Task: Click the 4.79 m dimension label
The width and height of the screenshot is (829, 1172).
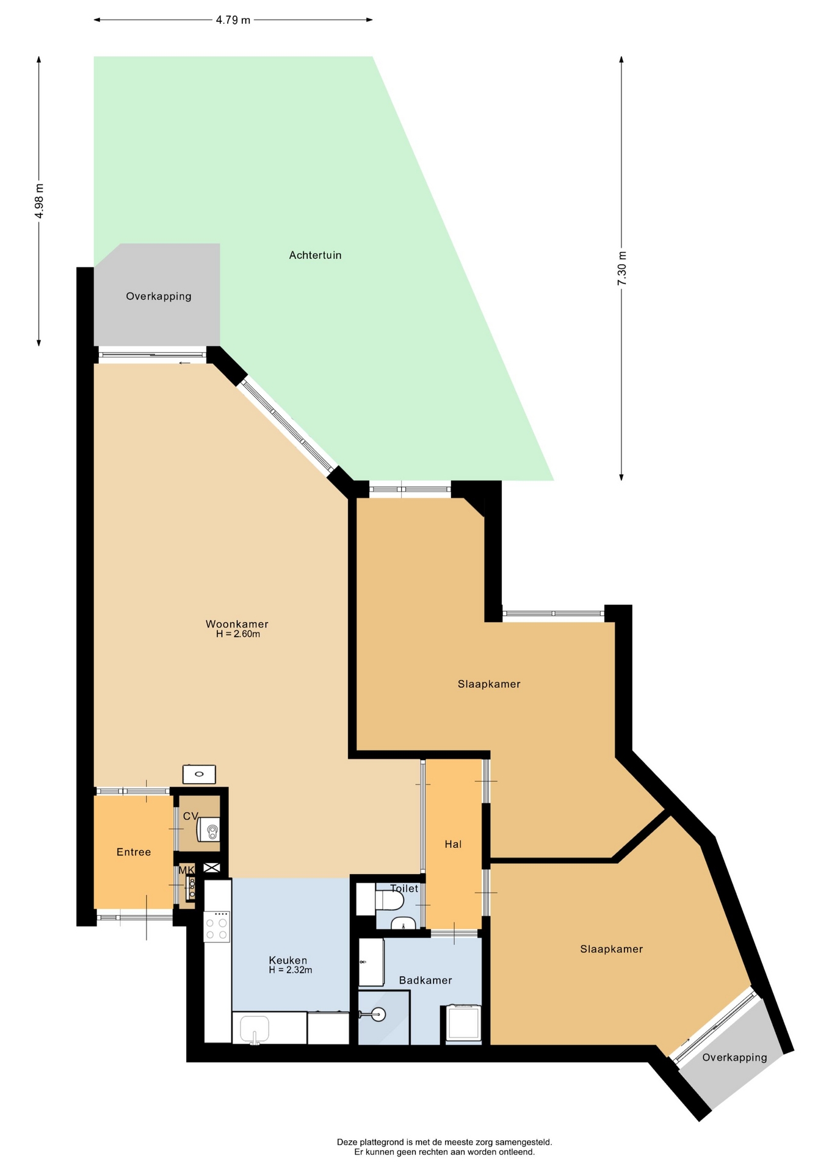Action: [233, 20]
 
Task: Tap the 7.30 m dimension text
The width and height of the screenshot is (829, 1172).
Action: [621, 269]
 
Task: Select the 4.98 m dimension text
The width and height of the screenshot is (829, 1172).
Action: [39, 201]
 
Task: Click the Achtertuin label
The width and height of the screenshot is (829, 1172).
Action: [315, 255]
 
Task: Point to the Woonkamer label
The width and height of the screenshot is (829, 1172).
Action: [237, 624]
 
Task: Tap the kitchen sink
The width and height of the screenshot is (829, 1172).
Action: [255, 1029]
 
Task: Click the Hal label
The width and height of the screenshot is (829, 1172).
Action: [453, 844]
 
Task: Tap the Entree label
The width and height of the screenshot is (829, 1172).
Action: [134, 852]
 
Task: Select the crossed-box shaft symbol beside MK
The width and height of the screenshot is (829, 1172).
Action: [212, 867]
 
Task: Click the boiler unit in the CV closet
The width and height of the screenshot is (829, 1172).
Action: [208, 830]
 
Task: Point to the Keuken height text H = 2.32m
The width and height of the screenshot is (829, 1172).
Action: [291, 970]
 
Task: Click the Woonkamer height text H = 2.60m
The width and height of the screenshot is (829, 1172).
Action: [238, 634]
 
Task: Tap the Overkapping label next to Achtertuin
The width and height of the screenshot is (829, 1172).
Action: [159, 296]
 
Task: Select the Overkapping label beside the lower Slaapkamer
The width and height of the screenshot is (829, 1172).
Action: [734, 1057]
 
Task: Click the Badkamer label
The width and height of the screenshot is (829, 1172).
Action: [425, 980]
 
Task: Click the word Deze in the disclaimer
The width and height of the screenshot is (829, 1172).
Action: [347, 1142]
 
